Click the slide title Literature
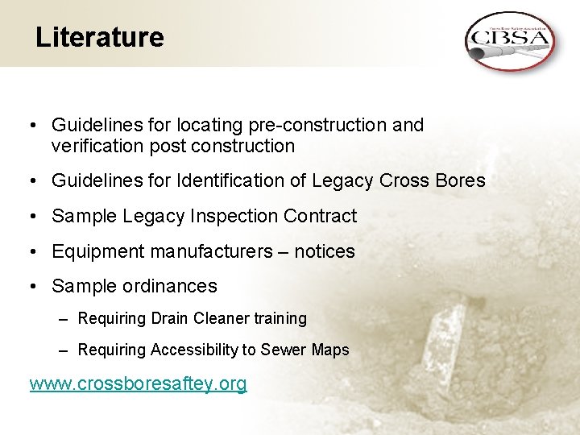click(99, 37)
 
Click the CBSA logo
click(509, 40)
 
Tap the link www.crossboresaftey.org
click(138, 383)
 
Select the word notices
click(324, 251)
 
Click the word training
click(280, 318)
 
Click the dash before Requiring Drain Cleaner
click(64, 318)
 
